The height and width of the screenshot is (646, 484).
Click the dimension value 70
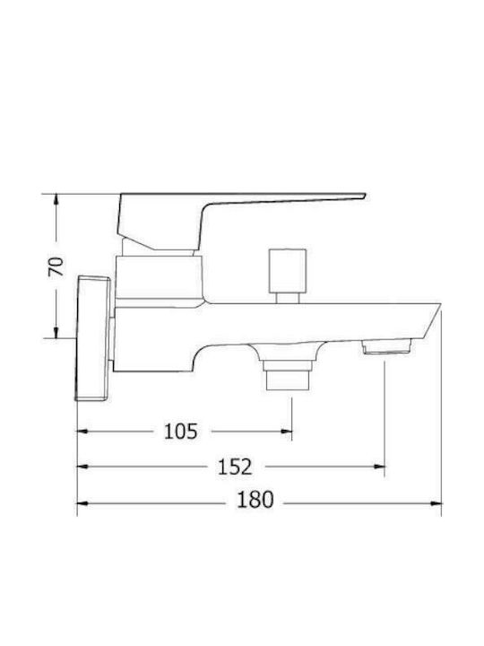(x=56, y=266)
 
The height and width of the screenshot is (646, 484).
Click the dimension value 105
(x=181, y=432)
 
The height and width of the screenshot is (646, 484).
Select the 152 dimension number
(x=235, y=467)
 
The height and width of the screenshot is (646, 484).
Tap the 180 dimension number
(x=255, y=500)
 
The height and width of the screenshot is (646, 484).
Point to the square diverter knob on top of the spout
(x=288, y=271)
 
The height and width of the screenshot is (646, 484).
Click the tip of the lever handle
(x=365, y=196)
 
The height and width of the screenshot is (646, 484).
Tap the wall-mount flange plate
(x=93, y=338)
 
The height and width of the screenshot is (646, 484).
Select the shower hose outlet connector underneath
(x=288, y=374)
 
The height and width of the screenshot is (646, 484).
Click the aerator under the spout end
(x=386, y=346)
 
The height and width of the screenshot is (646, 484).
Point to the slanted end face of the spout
(x=431, y=321)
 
